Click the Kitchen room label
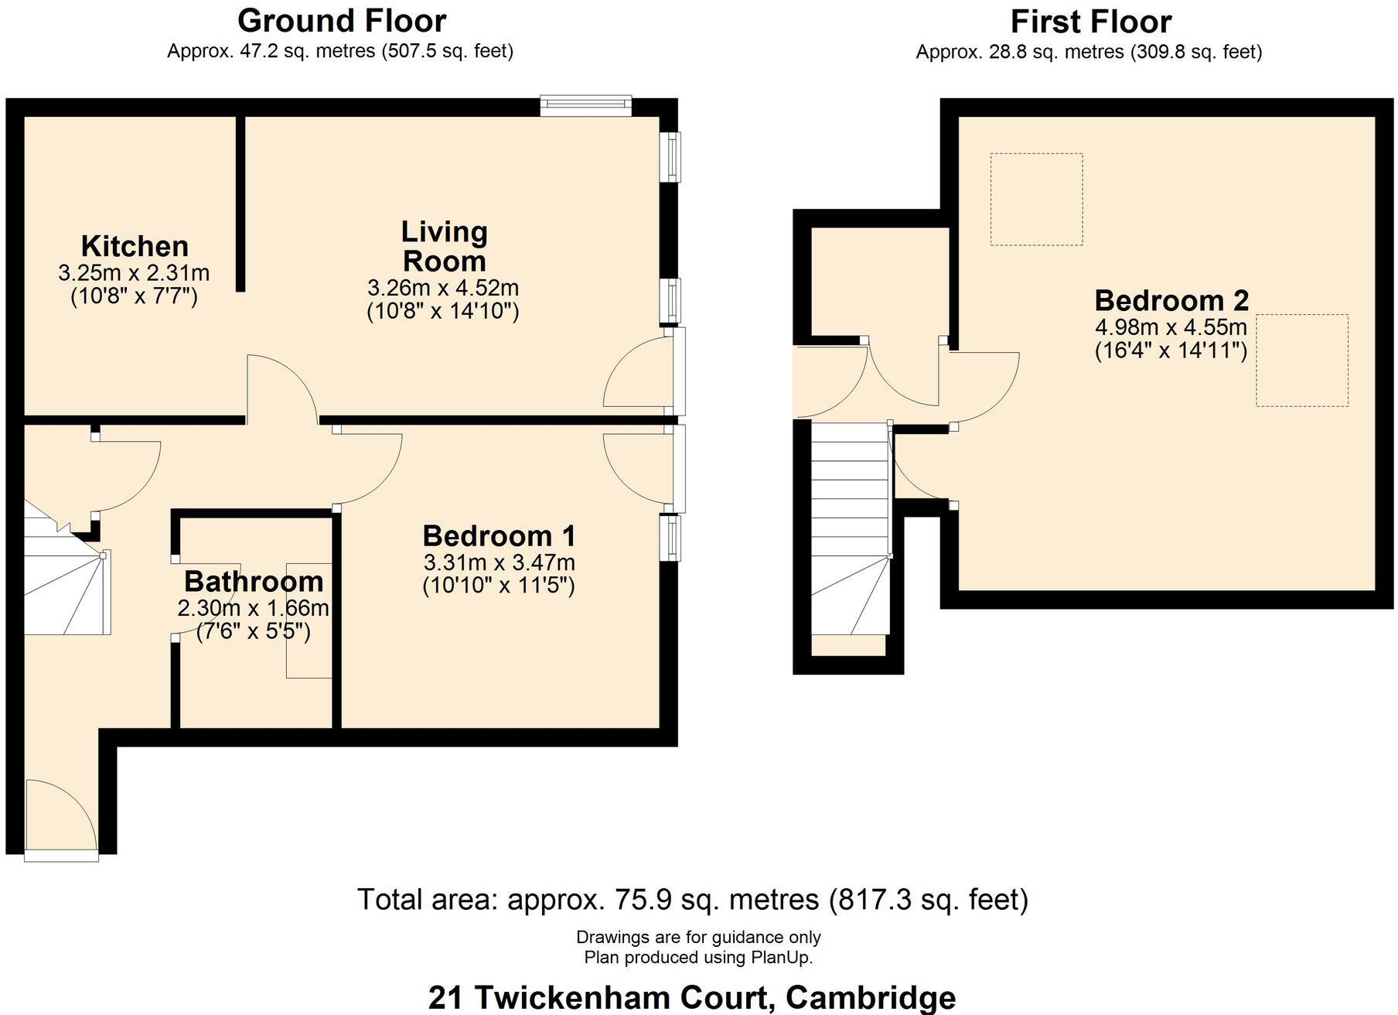(135, 246)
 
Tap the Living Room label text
(444, 246)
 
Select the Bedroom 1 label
(499, 535)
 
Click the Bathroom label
(254, 581)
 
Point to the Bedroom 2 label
(1171, 300)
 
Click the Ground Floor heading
(341, 21)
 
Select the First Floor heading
(1089, 22)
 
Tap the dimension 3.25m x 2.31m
(134, 272)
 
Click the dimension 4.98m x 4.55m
(1171, 326)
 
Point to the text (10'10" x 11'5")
(499, 585)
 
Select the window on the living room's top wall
(585, 106)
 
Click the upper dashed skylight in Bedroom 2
(1036, 200)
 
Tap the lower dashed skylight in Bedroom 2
(1301, 360)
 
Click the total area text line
(692, 900)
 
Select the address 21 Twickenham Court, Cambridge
(692, 997)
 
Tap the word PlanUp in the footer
(780, 958)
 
